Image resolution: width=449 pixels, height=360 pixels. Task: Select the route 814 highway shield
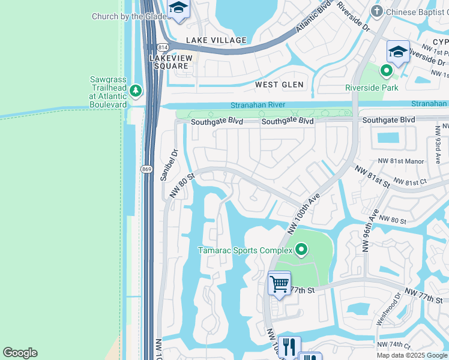point(163,47)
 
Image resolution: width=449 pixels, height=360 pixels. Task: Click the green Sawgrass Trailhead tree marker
point(136,91)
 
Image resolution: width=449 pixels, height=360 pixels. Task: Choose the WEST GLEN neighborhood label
point(279,85)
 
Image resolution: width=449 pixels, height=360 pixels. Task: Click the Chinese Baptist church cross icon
point(376,11)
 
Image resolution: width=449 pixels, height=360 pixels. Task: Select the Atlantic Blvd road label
point(313,20)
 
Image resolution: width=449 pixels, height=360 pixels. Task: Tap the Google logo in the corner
point(20,353)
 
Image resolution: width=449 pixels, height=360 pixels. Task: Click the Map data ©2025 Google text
point(412,355)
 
